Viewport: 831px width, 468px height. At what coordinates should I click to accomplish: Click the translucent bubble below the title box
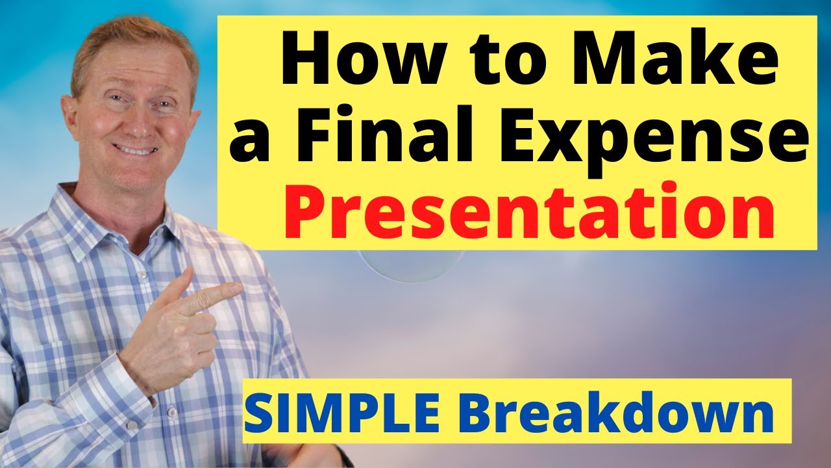tap(409, 266)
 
